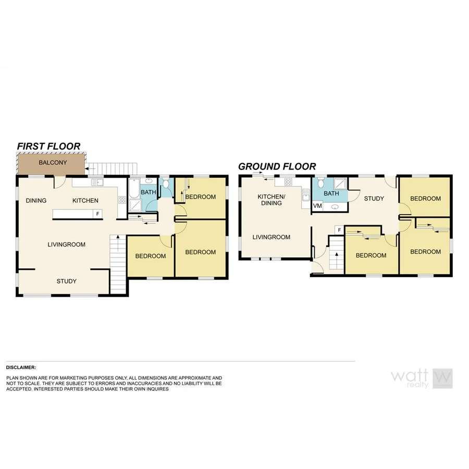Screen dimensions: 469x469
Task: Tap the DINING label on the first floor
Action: (36, 201)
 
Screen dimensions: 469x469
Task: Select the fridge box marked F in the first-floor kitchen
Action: (97, 214)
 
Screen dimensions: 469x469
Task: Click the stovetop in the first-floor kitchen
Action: (121, 200)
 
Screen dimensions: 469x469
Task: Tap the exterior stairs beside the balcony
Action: (112, 168)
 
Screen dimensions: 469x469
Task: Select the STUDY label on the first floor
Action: (67, 281)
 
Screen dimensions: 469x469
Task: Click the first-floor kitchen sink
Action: (97, 182)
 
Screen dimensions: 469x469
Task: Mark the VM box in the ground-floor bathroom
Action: (317, 206)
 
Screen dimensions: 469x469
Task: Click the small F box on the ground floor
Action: (339, 230)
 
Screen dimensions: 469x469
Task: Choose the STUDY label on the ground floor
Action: (374, 199)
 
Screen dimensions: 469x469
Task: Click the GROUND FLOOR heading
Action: (277, 167)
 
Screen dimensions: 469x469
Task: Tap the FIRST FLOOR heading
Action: (48, 146)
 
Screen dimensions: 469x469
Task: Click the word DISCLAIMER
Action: (21, 367)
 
